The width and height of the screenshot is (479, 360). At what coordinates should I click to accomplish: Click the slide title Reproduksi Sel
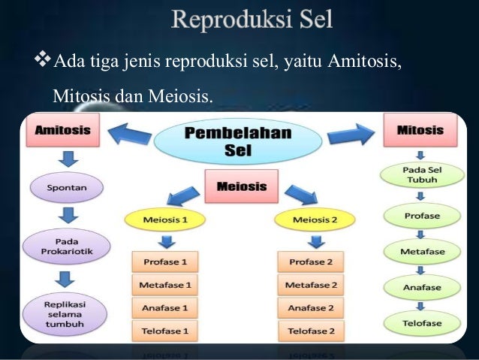(252, 19)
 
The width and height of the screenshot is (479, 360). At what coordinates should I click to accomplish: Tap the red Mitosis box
(419, 130)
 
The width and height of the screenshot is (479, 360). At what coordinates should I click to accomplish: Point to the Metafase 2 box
(312, 286)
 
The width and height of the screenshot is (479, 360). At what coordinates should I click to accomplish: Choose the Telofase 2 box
(312, 330)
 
